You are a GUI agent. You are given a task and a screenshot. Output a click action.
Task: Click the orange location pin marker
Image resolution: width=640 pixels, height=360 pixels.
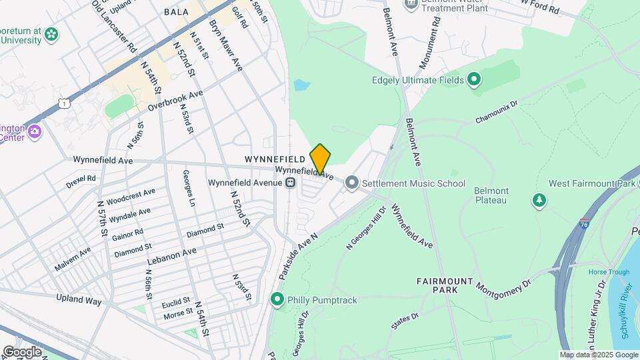click(320, 159)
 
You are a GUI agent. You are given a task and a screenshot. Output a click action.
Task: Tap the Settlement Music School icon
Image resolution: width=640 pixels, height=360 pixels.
click(352, 183)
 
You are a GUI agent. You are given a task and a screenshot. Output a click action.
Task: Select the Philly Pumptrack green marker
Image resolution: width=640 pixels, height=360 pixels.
click(278, 301)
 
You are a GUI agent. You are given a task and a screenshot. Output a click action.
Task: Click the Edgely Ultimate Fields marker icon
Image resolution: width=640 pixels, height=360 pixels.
click(474, 81)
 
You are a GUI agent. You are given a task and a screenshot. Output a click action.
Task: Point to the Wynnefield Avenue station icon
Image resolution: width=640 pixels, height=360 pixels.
click(291, 183)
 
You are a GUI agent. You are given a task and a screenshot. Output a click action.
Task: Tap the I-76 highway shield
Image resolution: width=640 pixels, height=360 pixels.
click(585, 224)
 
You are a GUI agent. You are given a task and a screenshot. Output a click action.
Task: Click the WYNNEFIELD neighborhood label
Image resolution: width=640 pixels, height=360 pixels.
click(275, 160)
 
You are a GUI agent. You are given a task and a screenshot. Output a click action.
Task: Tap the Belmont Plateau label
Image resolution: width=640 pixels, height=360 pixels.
click(491, 195)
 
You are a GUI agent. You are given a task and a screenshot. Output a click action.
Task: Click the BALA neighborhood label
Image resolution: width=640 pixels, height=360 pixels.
click(176, 12)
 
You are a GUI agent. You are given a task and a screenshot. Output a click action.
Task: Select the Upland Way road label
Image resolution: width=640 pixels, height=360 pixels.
click(79, 301)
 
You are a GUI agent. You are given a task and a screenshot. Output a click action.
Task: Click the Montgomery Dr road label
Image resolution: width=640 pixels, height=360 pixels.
click(503, 285)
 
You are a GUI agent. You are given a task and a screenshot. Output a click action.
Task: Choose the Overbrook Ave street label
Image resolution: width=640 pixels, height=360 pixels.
click(175, 103)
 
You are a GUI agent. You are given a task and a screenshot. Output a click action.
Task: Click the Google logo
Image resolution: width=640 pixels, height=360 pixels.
click(22, 351)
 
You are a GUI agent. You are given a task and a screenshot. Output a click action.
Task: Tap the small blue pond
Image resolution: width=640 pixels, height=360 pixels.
click(302, 85)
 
